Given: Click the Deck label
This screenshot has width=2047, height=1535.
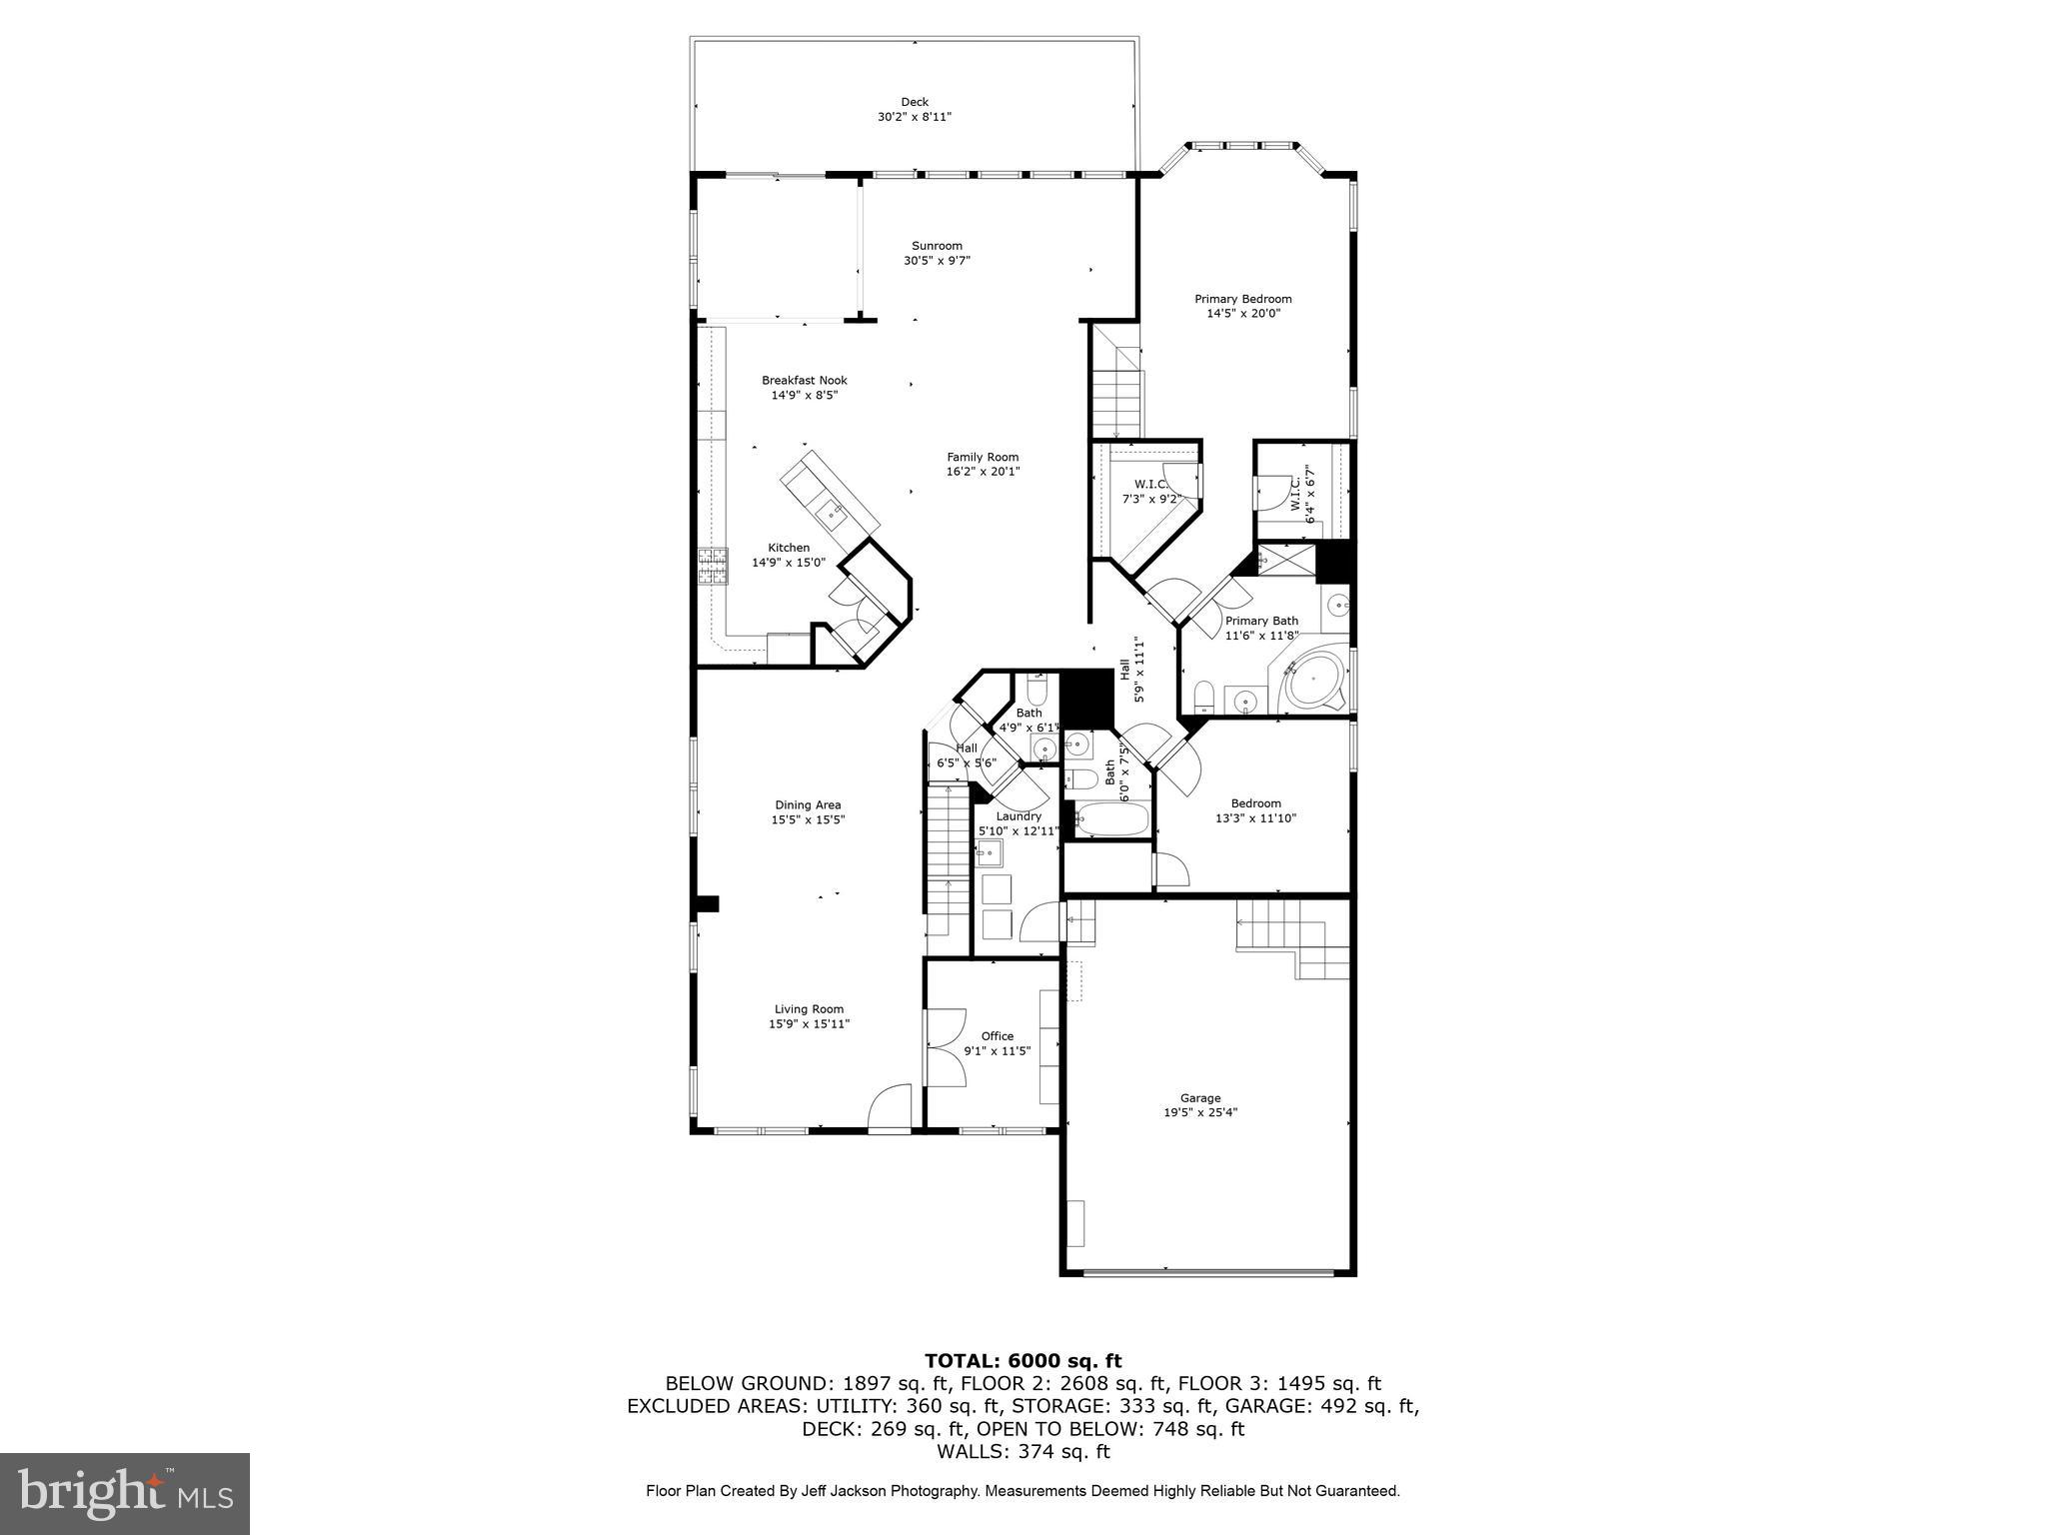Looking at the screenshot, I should tap(915, 102).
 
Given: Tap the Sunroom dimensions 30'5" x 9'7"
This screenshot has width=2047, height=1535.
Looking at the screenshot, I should tap(937, 261).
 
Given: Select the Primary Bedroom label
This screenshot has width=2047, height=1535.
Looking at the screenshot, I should tap(1242, 299).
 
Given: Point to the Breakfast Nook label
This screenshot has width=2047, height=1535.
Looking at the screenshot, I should tap(804, 380).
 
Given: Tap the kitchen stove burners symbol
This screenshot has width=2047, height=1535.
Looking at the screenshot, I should tap(713, 567).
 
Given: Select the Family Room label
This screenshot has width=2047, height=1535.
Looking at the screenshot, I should tap(983, 457).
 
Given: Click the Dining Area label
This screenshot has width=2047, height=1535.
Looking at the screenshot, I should tap(808, 804).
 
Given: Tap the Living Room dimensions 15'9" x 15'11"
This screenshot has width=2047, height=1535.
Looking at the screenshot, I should tap(809, 1024).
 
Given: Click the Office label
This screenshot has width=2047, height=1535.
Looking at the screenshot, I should tap(997, 1036).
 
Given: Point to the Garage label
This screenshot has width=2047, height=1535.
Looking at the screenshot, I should tap(1200, 1098).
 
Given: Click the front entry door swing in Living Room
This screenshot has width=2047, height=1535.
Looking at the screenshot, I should tap(890, 1109).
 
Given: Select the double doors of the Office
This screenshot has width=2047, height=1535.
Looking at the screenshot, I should tap(945, 1048).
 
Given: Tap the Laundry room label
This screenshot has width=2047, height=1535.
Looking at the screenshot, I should tap(1019, 816).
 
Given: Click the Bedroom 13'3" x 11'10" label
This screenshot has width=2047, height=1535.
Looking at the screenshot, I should tap(1255, 803).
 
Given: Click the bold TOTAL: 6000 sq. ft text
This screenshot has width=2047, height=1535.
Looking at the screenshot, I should tap(1023, 1361).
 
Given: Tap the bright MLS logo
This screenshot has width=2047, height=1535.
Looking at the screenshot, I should tap(125, 1494).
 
